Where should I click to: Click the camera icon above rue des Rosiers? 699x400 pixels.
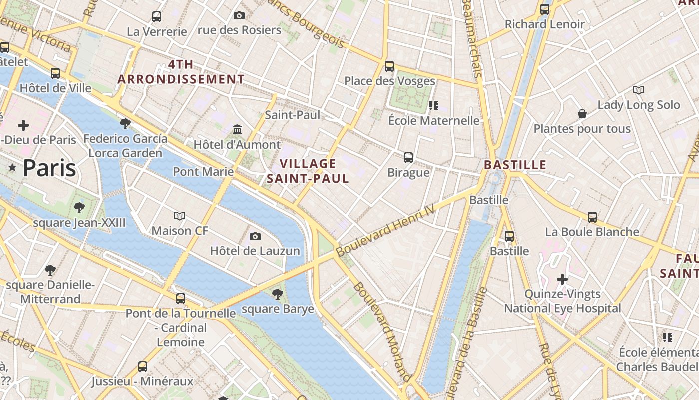pos(239,15)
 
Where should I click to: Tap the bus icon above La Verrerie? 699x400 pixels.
pos(157,17)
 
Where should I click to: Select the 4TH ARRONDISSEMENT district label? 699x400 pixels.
pos(181,72)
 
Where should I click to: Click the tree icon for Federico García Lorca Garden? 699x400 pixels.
pos(125,123)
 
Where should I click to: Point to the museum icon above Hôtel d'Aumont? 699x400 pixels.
pos(237,130)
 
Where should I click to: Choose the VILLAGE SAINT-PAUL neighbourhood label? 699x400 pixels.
pos(308,171)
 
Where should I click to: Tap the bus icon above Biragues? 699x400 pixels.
pos(408,158)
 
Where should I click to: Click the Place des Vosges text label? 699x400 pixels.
pos(389,81)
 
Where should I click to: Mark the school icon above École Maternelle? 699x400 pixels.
pos(434,105)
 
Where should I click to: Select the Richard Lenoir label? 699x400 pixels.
pos(544,24)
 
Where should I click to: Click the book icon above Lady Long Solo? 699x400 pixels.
pos(638,90)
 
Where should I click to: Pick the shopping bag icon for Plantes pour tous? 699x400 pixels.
pos(582,114)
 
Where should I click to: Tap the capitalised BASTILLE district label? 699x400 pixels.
pos(515,165)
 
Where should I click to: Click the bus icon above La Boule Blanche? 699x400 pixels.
pos(592,217)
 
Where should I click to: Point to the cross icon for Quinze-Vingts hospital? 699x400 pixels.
pos(562,279)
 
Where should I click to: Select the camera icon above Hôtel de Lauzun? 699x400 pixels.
pos(255,236)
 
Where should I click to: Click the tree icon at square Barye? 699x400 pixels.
pos(278,294)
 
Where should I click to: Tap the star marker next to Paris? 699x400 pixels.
pos(12,168)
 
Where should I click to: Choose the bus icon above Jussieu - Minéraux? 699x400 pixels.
pos(143,367)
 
